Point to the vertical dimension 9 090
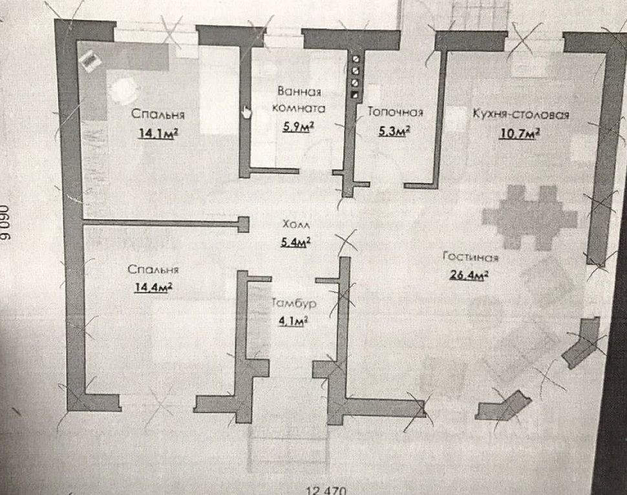(x=6, y=224)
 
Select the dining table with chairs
(x=528, y=213)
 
